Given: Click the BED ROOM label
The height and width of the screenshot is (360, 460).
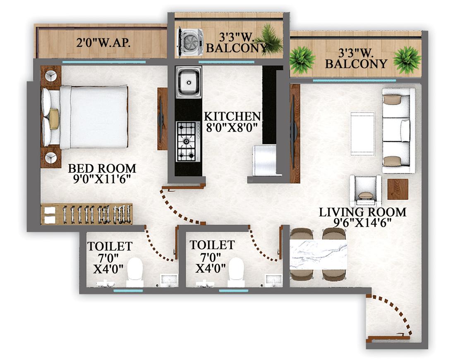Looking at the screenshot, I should click(x=102, y=169).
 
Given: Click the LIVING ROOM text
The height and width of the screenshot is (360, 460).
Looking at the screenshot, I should click(x=362, y=212).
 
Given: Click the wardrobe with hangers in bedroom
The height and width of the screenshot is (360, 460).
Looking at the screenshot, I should click(x=87, y=214).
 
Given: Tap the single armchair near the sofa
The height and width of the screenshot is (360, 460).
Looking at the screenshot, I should click(x=365, y=191).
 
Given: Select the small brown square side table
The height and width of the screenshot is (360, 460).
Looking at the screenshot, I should click(x=398, y=189).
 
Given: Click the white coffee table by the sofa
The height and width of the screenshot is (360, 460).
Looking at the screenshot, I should click(x=362, y=133).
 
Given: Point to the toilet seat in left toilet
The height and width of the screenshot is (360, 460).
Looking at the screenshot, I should click(x=134, y=272).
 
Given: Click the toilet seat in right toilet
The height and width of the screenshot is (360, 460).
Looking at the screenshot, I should click(x=236, y=272).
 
